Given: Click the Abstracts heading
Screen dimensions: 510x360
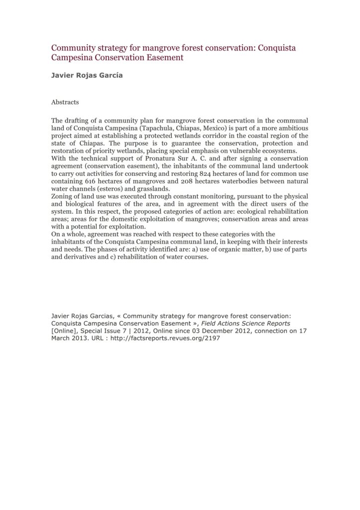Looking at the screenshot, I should pos(65,102).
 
